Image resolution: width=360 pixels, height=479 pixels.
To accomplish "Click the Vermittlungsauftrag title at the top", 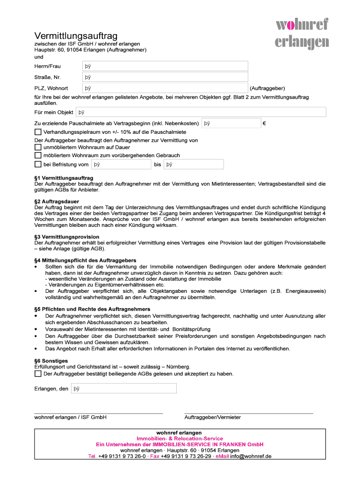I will pyautogui.click(x=76, y=36).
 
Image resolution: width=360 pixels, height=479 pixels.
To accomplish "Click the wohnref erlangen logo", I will pyautogui.click(x=302, y=33).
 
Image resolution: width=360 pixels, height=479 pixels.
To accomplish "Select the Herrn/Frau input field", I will pyautogui.click(x=165, y=66).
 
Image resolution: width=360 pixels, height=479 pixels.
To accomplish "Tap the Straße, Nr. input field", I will pyautogui.click(x=165, y=77).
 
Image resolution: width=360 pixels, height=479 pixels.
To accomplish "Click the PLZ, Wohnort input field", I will pyautogui.click(x=165, y=88).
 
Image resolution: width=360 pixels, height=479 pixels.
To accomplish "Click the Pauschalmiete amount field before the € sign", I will pyautogui.click(x=231, y=123).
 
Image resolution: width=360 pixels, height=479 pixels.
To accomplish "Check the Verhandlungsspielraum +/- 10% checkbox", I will pyautogui.click(x=38, y=132).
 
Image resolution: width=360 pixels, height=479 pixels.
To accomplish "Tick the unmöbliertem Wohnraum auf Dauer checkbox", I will pyautogui.click(x=38, y=147).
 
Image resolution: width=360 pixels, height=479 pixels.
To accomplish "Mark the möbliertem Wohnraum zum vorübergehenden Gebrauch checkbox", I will pyautogui.click(x=38, y=155).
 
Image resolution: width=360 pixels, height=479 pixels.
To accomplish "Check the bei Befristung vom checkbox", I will pyautogui.click(x=38, y=164).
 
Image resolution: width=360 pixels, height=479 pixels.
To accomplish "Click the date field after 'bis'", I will pyautogui.click(x=194, y=164).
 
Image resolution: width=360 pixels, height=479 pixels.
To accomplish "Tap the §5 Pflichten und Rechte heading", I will pyautogui.click(x=92, y=309).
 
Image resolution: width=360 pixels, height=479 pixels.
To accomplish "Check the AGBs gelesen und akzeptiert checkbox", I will pyautogui.click(x=38, y=374).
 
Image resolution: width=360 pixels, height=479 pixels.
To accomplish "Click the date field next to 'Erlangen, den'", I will pyautogui.click(x=123, y=388).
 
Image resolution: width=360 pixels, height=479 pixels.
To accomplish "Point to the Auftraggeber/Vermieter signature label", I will pyautogui.click(x=213, y=417).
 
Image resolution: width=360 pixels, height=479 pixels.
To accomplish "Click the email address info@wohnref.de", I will pyautogui.click(x=251, y=456).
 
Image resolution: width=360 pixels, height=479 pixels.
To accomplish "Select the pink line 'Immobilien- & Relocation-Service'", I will pyautogui.click(x=180, y=438).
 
